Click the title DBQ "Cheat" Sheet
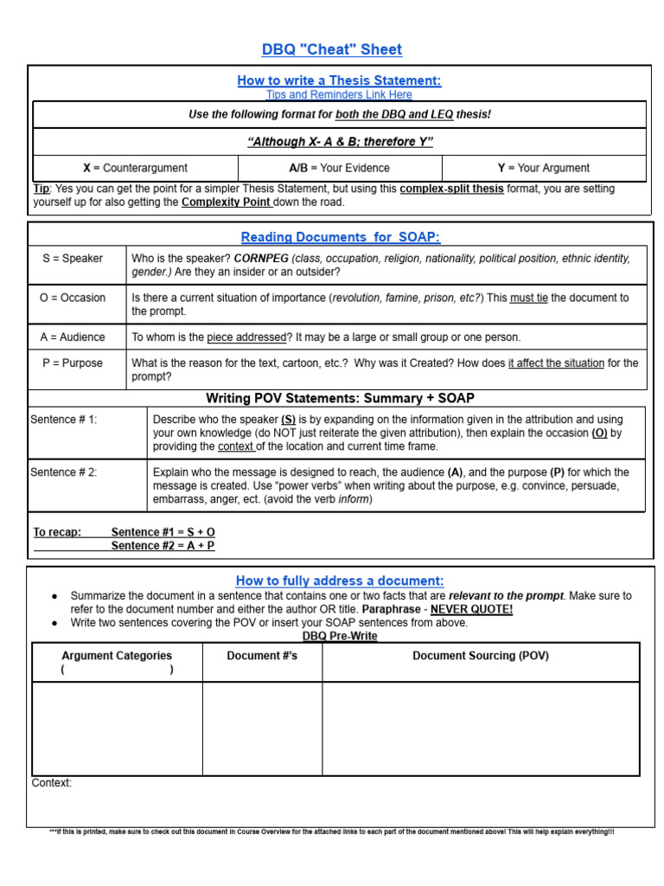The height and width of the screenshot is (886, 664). [x=332, y=49]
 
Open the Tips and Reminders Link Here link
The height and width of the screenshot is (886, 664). [x=339, y=94]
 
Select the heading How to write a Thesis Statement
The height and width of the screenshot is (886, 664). [x=339, y=80]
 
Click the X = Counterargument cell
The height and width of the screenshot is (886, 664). [x=135, y=168]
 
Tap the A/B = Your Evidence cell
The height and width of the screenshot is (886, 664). [x=339, y=168]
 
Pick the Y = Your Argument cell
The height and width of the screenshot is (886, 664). [x=543, y=168]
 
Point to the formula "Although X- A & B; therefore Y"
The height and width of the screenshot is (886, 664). [x=339, y=142]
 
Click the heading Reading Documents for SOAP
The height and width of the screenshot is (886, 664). [x=339, y=237]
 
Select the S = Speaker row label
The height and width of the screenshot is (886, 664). [x=73, y=258]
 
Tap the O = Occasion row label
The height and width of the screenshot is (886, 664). [x=73, y=298]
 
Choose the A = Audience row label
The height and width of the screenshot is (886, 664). [x=73, y=337]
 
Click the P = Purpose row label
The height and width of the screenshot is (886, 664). [x=73, y=363]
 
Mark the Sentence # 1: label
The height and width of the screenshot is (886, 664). [x=64, y=420]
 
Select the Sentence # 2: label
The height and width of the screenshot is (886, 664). [x=64, y=472]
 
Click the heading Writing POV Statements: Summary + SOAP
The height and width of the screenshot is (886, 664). [x=340, y=398]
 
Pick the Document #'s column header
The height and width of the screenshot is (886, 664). [x=262, y=656]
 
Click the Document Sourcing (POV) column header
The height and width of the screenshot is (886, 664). [x=481, y=656]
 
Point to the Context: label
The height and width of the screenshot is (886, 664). [x=52, y=783]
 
